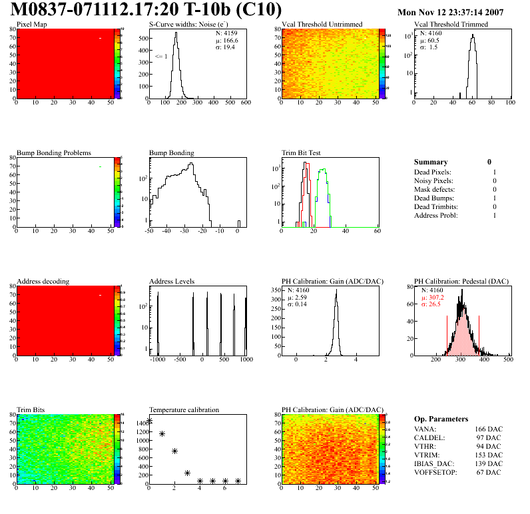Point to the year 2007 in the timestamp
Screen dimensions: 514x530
coord(511,12)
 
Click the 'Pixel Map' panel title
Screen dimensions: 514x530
coord(32,25)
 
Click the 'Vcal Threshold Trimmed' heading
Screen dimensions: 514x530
coord(451,25)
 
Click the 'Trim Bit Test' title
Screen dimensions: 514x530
coord(301,153)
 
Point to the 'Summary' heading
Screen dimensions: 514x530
coord(431,162)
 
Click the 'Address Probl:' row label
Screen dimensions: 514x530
coord(438,216)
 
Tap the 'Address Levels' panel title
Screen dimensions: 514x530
coord(172,282)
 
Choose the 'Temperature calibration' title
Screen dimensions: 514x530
coord(184,409)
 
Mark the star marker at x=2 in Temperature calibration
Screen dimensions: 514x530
coord(174,451)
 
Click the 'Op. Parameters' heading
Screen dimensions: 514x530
coord(441,419)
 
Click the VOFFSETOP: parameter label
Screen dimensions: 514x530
coord(435,473)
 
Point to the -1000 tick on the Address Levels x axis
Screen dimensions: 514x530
coord(157,360)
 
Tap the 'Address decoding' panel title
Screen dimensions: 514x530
coord(43,282)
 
